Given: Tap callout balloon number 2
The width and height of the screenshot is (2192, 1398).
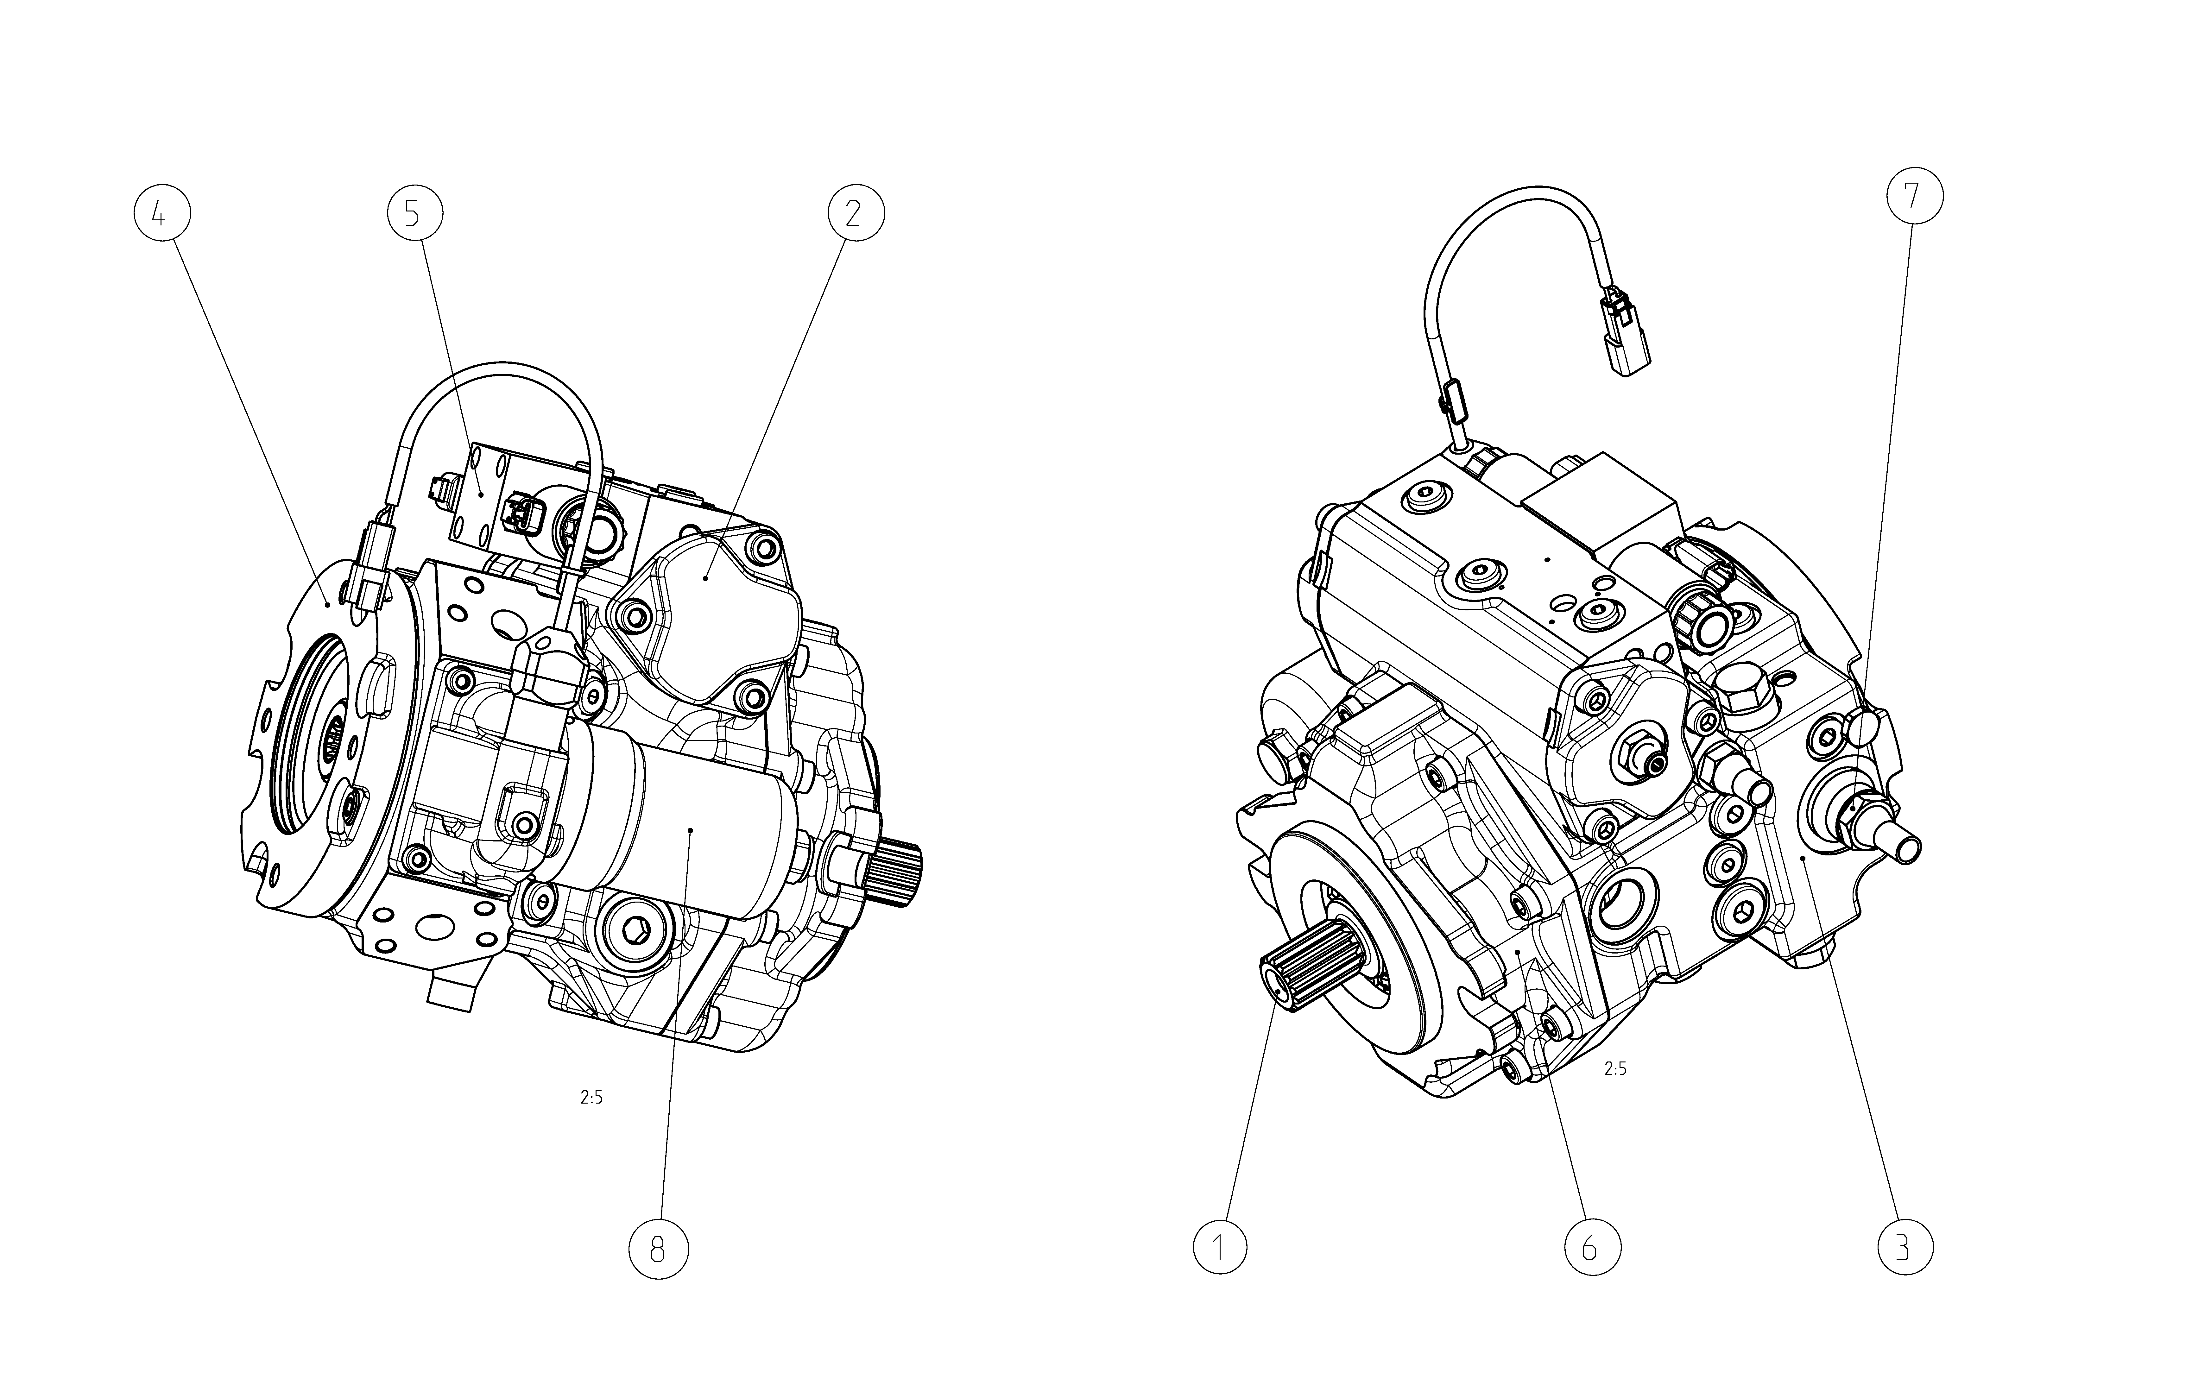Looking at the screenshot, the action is coord(856,214).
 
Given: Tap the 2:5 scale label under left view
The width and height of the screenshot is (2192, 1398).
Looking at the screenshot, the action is coord(592,1098).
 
